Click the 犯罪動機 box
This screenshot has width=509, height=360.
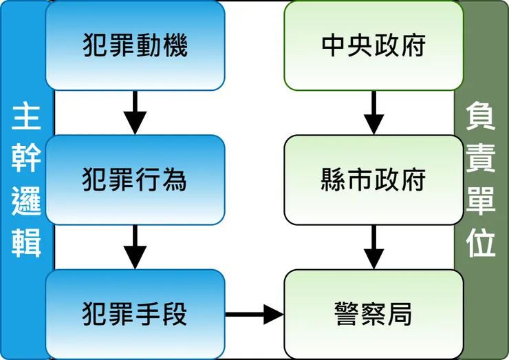(135, 45)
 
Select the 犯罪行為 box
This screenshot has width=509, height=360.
(135, 180)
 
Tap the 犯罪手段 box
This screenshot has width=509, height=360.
(135, 315)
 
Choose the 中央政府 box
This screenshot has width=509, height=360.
(373, 45)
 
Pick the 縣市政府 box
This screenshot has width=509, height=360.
(373, 180)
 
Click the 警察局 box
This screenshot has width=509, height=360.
(373, 315)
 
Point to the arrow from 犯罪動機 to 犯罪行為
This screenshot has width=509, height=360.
(135, 113)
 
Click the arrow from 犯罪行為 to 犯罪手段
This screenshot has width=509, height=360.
(135, 247)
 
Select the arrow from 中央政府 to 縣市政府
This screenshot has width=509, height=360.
(373, 113)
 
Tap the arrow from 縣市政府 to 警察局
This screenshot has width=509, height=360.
(373, 247)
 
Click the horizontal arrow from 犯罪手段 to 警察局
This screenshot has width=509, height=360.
(254, 315)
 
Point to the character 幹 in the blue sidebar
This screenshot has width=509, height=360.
(26, 160)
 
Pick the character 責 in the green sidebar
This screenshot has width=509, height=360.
(482, 160)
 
